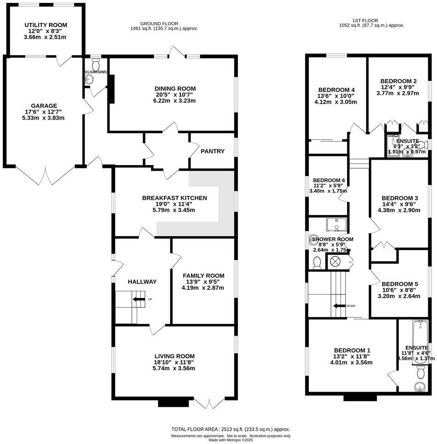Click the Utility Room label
[46, 25]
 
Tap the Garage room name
[44, 105]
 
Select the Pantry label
[213, 151]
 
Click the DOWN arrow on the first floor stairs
[340, 306]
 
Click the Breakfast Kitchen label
[174, 198]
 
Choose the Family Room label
[202, 275]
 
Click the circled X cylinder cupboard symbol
[335, 261]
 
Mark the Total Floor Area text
[230, 429]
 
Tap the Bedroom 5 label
[400, 283]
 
